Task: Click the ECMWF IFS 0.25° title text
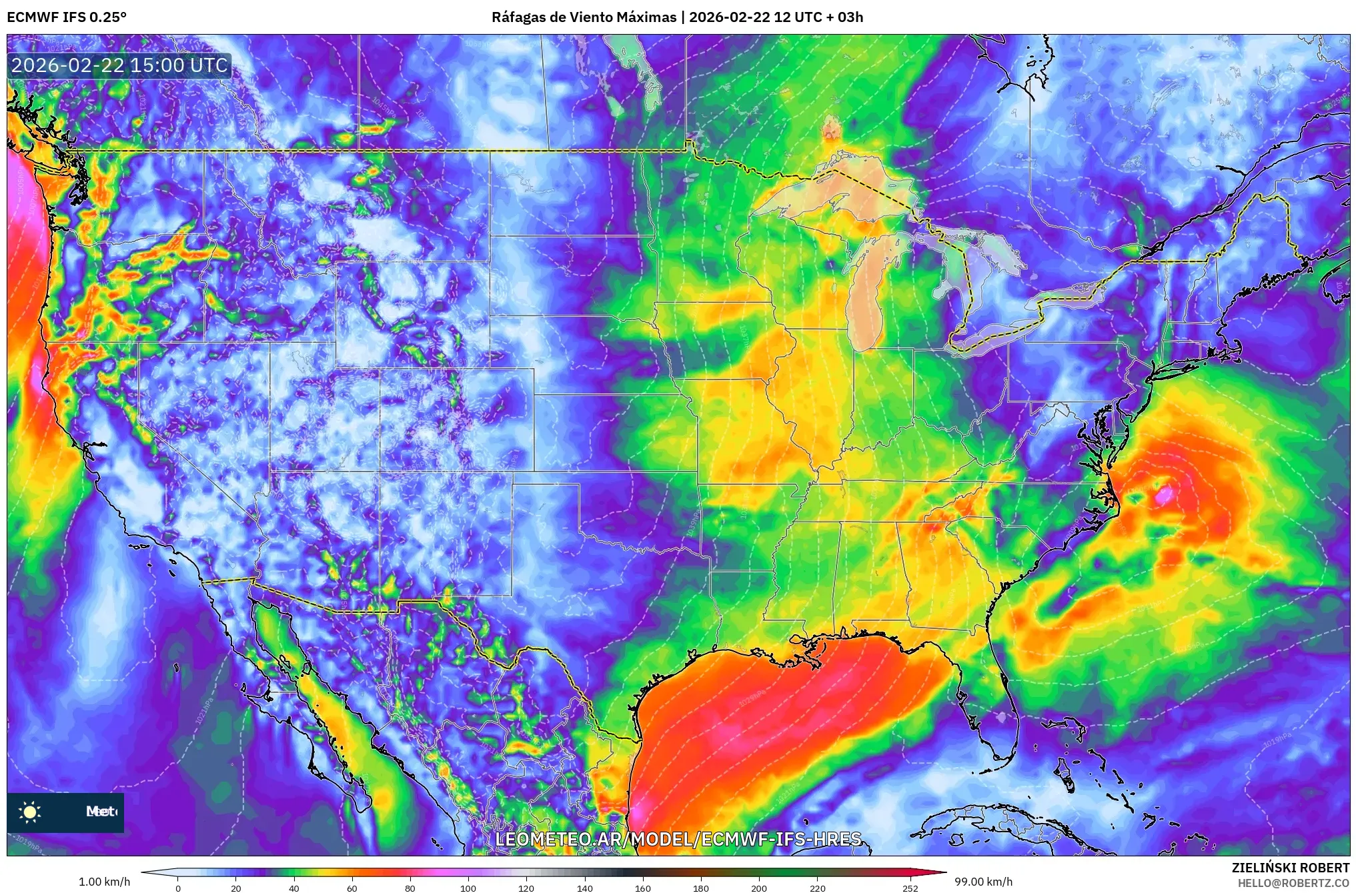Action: point(67,17)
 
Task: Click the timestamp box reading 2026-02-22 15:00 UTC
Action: point(119,65)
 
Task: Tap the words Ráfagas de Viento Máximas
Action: point(584,17)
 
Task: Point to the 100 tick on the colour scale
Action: point(468,888)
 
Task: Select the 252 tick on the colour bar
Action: point(910,888)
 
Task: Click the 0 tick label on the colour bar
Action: point(177,888)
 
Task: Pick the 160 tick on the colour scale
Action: point(643,888)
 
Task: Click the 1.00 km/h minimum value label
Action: point(104,882)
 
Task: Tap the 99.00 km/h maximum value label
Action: point(983,882)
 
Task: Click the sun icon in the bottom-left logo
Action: point(30,812)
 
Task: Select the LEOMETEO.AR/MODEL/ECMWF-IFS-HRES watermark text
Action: point(678,839)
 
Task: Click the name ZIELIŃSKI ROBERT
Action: point(1290,868)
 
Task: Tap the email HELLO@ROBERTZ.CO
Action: point(1293,883)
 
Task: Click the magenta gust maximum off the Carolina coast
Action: point(1165,495)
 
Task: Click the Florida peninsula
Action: point(994,707)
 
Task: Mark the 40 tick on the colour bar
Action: point(293,888)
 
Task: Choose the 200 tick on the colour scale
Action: point(759,888)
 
